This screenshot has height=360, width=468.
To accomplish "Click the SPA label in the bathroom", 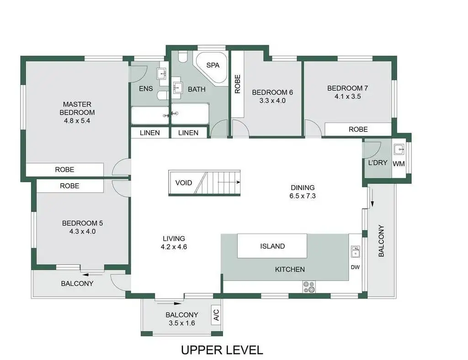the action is (x=213, y=65).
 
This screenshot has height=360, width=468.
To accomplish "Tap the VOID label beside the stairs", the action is (x=184, y=183).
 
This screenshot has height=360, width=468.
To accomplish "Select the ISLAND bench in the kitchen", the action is (x=272, y=246).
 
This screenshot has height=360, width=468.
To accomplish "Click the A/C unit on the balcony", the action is (x=216, y=315).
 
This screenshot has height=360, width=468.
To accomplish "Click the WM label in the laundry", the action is (x=399, y=163).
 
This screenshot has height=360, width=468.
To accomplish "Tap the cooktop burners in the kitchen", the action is (x=309, y=286).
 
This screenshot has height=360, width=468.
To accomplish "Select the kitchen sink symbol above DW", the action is (x=356, y=252).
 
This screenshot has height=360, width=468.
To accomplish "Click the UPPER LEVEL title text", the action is (x=222, y=350).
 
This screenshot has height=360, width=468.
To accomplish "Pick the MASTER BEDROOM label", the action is (x=77, y=108).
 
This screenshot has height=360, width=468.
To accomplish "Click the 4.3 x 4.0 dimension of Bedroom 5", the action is (x=82, y=231).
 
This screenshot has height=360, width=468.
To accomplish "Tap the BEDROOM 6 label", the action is (x=272, y=92).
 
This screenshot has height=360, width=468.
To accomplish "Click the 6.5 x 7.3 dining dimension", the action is (x=303, y=196).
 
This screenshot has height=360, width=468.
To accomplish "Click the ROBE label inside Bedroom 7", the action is (x=358, y=129).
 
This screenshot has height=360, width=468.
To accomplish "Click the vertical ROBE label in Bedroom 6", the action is (x=238, y=84).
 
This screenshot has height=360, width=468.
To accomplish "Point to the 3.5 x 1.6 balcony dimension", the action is (x=182, y=323).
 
